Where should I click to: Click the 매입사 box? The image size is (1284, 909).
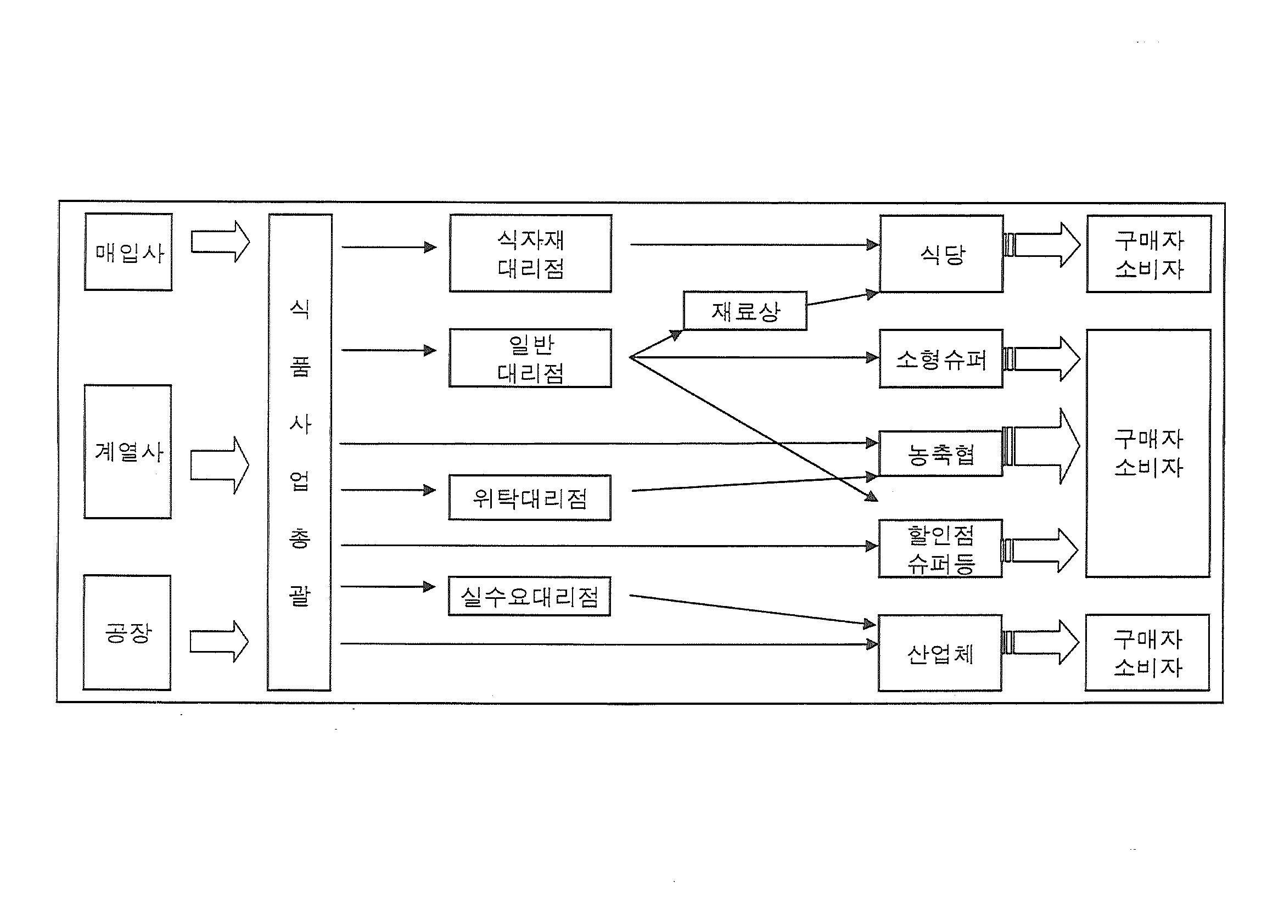tap(128, 252)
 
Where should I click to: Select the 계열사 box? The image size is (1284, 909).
tap(128, 451)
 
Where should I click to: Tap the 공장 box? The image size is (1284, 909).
tap(127, 632)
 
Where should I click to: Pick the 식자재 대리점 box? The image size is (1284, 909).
tap(530, 254)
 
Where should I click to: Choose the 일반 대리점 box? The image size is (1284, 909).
tap(530, 358)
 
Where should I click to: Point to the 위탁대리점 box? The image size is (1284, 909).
tap(530, 498)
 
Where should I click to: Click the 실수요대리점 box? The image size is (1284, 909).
tap(529, 597)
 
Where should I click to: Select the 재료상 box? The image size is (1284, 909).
tap(745, 311)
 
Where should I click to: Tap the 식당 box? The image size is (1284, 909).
tap(941, 254)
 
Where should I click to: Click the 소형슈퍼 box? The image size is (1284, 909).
tap(941, 359)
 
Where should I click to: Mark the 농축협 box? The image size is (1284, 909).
tap(940, 453)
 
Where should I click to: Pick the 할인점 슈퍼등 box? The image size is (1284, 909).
tap(940, 548)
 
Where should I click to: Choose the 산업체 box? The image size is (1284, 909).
tap(940, 653)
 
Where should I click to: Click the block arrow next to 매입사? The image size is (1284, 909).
tap(220, 242)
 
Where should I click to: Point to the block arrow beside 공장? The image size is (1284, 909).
tap(218, 642)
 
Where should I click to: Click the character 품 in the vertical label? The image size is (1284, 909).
tap(300, 367)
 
